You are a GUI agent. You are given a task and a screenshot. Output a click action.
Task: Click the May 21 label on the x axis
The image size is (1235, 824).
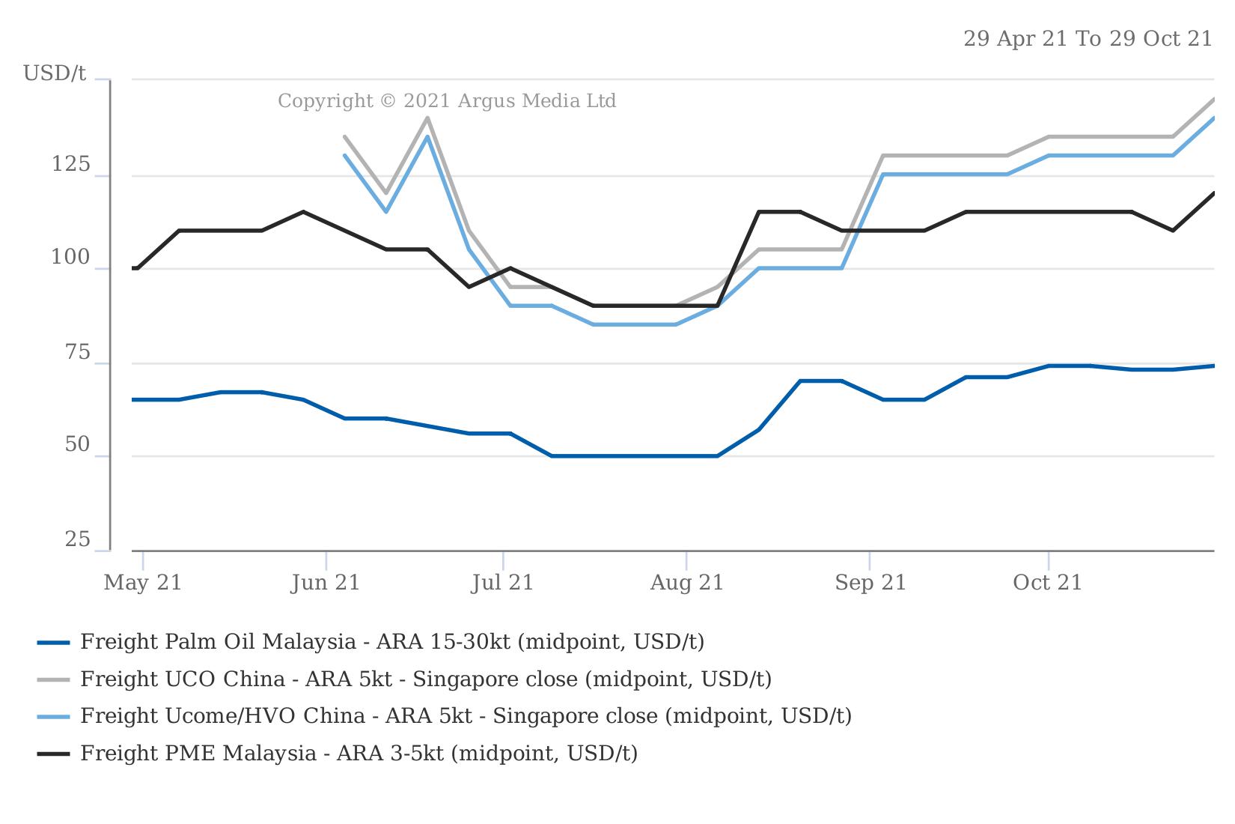[143, 583]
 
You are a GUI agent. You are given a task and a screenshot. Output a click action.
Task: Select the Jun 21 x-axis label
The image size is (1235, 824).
[326, 583]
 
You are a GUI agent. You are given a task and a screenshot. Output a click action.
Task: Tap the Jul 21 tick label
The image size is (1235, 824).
[502, 583]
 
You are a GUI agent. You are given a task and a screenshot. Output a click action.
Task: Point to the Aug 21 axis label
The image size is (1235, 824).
[687, 583]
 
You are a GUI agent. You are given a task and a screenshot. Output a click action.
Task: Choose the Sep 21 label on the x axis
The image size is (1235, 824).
[870, 583]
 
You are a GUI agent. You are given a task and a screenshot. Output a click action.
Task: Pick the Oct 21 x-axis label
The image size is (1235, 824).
[1048, 583]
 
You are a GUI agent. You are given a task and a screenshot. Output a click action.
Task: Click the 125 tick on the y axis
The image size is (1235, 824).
[70, 165]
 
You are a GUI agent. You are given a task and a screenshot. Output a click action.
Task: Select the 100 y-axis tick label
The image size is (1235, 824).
[70, 258]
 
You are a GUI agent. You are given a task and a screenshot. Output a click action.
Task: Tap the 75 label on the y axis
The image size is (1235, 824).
[78, 353]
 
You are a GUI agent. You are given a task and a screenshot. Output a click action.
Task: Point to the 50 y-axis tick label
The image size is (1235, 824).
[77, 445]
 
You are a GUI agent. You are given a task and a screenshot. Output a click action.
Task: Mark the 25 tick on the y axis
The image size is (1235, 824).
[77, 539]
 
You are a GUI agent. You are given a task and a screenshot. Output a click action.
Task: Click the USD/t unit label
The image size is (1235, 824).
[55, 73]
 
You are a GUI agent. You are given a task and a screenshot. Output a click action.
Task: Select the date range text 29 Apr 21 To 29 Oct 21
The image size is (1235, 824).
[1087, 39]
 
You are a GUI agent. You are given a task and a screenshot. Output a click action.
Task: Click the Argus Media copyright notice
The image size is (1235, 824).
[447, 101]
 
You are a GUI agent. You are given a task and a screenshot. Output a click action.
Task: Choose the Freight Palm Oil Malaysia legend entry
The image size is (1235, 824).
[392, 642]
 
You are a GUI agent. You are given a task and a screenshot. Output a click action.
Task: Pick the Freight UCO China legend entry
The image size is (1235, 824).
[426, 679]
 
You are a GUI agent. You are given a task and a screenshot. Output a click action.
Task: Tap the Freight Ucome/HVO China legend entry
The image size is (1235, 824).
[466, 716]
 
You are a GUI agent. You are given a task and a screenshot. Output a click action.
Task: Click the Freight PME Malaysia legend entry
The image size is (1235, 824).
[359, 753]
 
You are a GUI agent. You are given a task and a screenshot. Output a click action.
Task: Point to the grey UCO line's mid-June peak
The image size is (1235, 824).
[427, 118]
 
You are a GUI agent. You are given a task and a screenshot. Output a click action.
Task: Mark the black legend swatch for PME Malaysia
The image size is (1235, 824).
[53, 754]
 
